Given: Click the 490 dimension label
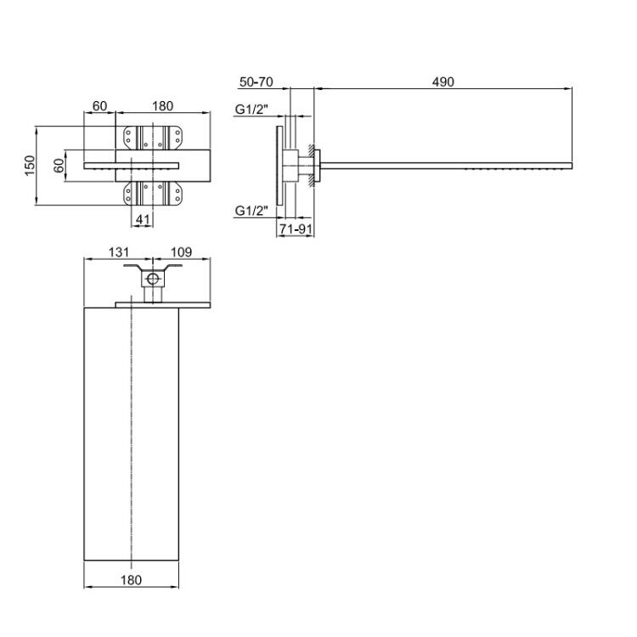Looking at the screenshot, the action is pyautogui.click(x=443, y=82).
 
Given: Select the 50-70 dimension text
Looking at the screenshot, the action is pyautogui.click(x=256, y=82).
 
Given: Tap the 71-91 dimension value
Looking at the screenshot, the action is pyautogui.click(x=296, y=229).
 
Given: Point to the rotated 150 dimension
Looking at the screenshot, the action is pyautogui.click(x=31, y=166).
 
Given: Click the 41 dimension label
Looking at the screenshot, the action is pyautogui.click(x=143, y=220).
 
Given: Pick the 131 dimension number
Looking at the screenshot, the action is pyautogui.click(x=119, y=252).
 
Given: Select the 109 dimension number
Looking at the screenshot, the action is pyautogui.click(x=181, y=252).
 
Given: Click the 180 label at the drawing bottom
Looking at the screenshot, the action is pyautogui.click(x=131, y=580).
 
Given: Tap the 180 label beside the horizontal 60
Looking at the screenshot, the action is pyautogui.click(x=162, y=106).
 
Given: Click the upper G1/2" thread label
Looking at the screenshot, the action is pyautogui.click(x=252, y=110).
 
